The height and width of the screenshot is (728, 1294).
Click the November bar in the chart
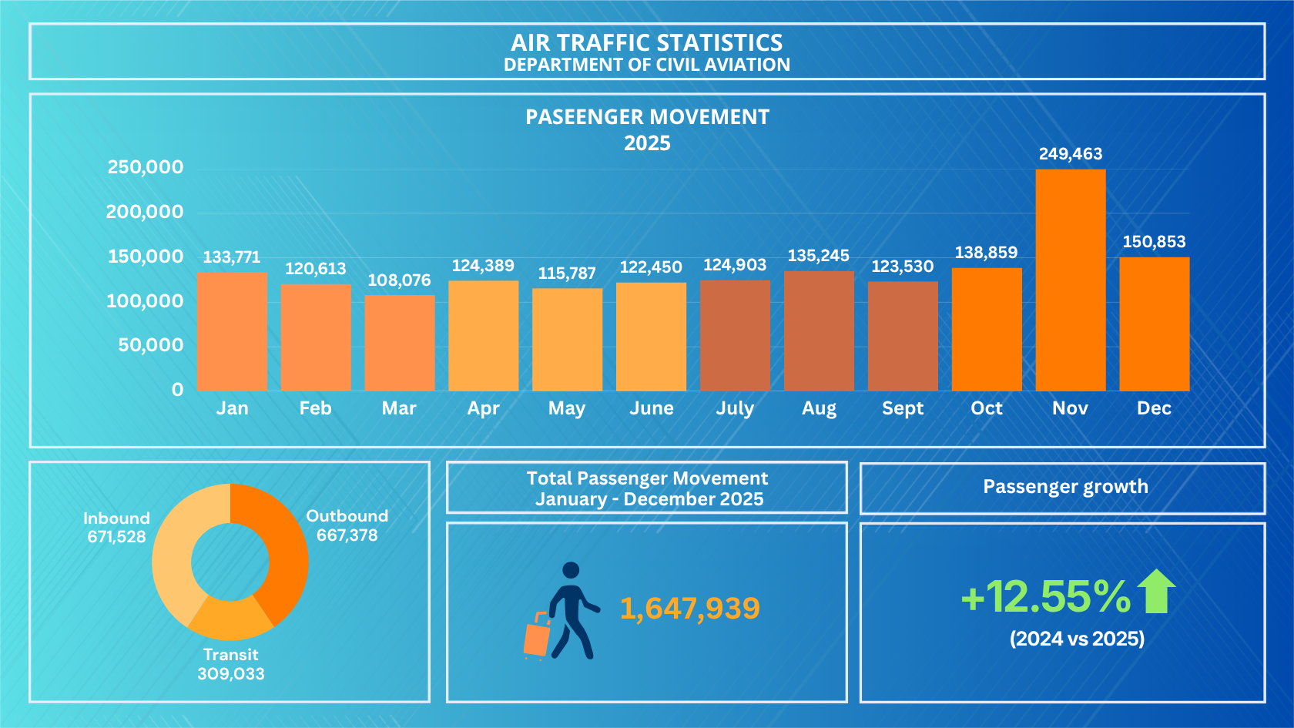pos(1071,280)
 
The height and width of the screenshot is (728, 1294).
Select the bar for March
pos(400,344)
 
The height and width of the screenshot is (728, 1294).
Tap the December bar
pos(1154,324)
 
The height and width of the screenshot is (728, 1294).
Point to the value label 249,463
pos(1071,154)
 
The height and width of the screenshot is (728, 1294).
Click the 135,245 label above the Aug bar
pos(819,256)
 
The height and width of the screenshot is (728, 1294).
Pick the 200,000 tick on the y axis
pos(145,212)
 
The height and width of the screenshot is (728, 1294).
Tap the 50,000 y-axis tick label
pos(151,345)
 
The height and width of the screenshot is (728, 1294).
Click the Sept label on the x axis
pos(903,408)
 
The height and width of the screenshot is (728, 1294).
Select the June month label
pos(651,408)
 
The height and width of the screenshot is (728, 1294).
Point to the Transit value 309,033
pos(231,673)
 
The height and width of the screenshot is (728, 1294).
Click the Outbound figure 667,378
pos(347,535)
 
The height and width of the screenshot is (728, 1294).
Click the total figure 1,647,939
pos(690,609)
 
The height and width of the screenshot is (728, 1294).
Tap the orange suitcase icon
pos(537,636)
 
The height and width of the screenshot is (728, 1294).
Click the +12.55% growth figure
pos(1046,596)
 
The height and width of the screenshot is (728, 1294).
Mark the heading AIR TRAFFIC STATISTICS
pos(647,43)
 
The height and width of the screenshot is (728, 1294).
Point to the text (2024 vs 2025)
pos(1077,639)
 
